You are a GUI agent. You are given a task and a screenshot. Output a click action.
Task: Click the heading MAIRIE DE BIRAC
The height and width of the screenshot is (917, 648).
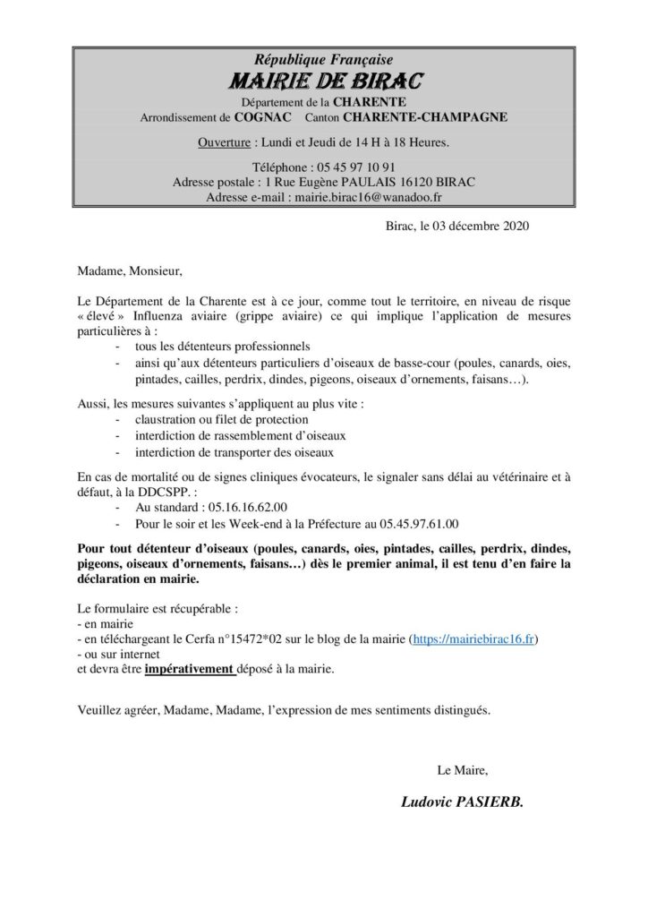324,81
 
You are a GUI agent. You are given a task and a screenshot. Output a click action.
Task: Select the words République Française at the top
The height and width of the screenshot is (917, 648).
323,59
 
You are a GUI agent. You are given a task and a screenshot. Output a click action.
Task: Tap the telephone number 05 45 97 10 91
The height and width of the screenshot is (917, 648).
354,167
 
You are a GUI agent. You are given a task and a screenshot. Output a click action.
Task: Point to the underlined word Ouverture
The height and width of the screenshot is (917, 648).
223,142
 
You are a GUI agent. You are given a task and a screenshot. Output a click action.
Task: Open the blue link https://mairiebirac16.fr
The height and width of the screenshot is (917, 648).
474,639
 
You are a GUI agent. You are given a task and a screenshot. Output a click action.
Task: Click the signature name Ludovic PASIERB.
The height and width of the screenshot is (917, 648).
463,804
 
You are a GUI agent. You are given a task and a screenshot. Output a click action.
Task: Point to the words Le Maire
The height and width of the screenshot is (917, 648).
462,769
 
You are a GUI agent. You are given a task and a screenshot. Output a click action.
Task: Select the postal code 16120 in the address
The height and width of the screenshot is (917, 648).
407,182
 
